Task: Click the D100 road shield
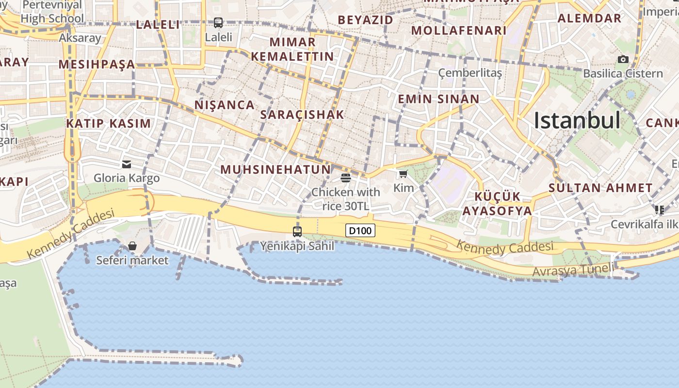(x=360, y=231)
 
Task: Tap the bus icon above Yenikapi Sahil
(x=297, y=232)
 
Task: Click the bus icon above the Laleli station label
(x=218, y=22)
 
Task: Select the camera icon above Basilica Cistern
(x=623, y=59)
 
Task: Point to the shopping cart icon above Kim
(x=403, y=174)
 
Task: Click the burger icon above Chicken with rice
(x=346, y=178)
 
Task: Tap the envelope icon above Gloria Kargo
(x=127, y=164)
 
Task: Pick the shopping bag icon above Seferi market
(x=132, y=246)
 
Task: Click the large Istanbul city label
(x=577, y=120)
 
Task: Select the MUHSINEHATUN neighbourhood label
(x=275, y=170)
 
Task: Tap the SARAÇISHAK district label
(x=302, y=115)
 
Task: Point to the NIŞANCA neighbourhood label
(x=225, y=105)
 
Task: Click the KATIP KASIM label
(x=109, y=123)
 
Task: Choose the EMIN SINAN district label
(x=438, y=99)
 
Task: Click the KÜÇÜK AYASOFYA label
(x=497, y=204)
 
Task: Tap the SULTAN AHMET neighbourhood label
(x=600, y=188)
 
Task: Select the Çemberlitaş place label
(x=470, y=73)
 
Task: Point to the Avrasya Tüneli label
(x=573, y=270)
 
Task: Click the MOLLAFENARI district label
(x=459, y=31)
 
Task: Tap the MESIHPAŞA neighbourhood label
(x=97, y=64)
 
